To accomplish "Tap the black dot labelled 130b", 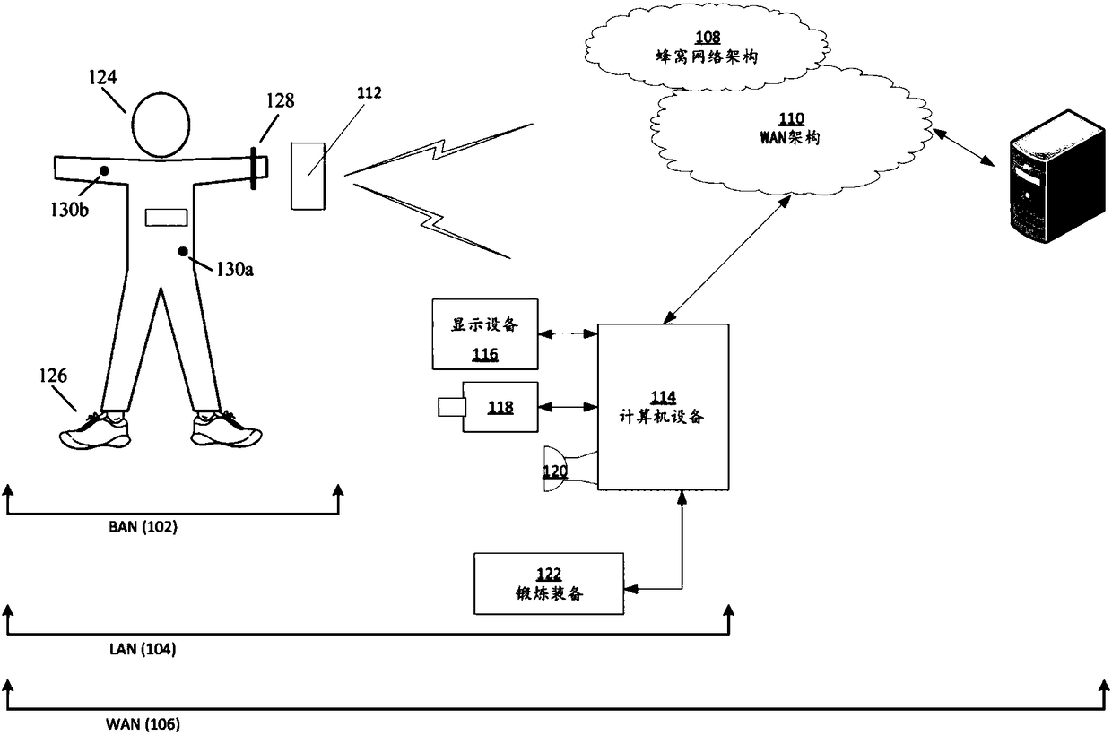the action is coord(104,170).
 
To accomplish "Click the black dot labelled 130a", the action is coord(183,252).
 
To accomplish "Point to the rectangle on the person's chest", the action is coord(166,218).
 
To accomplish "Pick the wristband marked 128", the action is coord(254,168).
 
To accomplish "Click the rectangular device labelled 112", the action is coord(308,177).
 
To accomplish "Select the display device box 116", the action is coord(485,334).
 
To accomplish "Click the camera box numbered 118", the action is coord(500,407).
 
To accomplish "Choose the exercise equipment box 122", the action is coord(549,584).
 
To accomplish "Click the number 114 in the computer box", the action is coord(664,397).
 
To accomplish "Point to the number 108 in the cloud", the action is coord(708,38).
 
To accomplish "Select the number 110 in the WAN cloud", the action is coord(791,118).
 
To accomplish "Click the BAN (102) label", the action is coord(143,526).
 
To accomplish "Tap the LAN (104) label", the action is coord(143,649).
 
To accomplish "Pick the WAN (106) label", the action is coord(143,724).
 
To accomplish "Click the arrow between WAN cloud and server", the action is coord(964,147).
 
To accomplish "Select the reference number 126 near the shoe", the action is coord(53,376).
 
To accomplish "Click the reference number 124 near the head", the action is coord(103,77).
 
